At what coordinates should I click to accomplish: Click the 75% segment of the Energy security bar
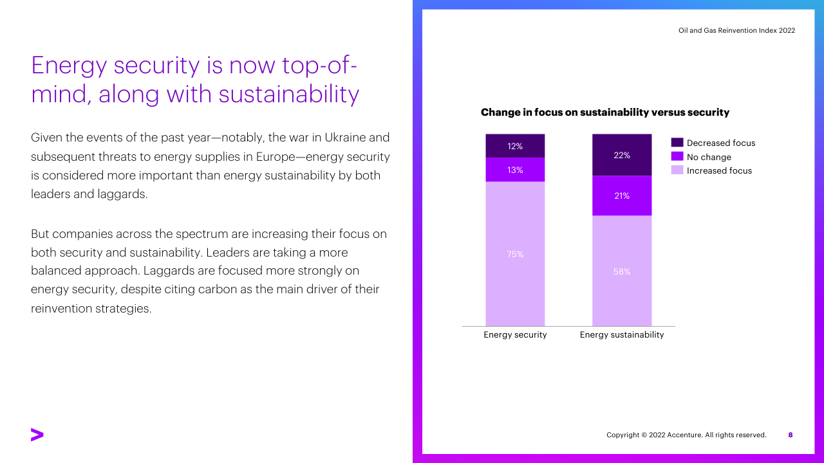(515, 254)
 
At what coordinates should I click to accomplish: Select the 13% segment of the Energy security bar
(515, 170)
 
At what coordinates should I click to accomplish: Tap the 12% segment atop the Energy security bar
(515, 146)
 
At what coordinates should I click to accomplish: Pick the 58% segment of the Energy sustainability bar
(622, 271)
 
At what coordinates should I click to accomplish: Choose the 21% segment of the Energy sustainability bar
(622, 195)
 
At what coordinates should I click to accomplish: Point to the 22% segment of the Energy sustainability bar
(622, 155)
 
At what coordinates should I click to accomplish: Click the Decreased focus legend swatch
(677, 143)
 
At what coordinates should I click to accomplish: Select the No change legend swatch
(677, 157)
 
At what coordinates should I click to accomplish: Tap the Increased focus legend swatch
(677, 170)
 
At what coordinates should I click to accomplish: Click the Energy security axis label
(515, 335)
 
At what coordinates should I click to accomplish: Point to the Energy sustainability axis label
(622, 335)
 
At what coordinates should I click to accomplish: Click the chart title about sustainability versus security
(605, 113)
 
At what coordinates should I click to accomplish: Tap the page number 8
(791, 435)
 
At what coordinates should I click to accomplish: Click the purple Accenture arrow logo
(37, 435)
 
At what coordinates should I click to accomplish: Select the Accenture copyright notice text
(686, 435)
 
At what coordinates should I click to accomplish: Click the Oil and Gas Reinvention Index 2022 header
(736, 30)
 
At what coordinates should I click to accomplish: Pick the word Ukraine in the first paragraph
(347, 138)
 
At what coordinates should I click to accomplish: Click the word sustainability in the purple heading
(288, 94)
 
